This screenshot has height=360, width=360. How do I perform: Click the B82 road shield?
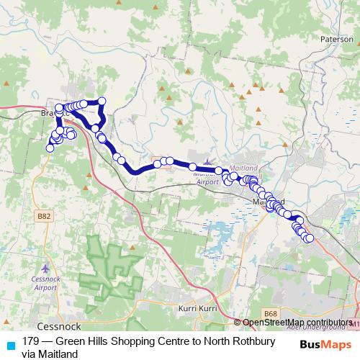(45, 215)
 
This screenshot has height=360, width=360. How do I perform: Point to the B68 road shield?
(271, 313)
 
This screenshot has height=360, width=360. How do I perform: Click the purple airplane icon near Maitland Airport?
(209, 163)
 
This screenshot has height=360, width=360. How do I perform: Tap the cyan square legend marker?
(9, 343)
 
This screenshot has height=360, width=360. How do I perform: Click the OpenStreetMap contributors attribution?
(297, 323)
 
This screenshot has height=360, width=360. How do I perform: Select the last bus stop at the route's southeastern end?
(310, 238)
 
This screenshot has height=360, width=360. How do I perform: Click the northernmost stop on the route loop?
(102, 101)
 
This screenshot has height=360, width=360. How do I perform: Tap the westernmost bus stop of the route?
(50, 148)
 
